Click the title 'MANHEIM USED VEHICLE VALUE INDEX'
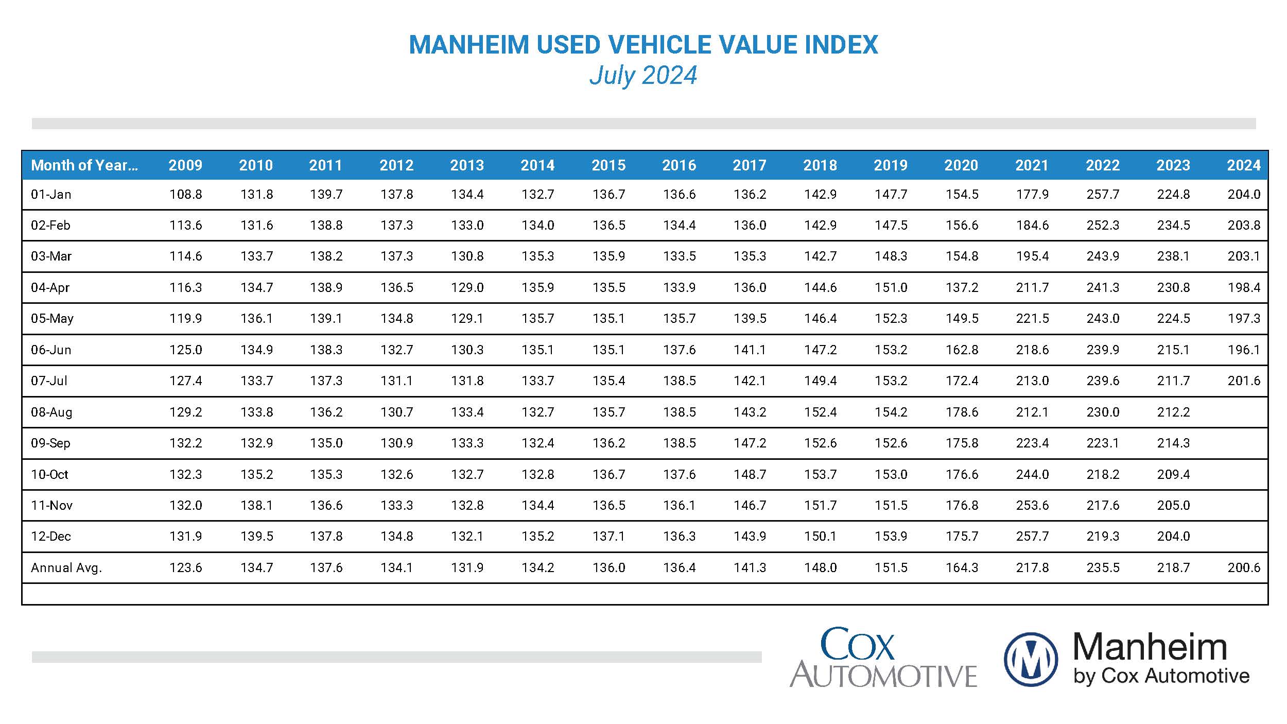click(x=643, y=45)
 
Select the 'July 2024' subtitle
click(x=643, y=75)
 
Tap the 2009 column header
click(x=185, y=165)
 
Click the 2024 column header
click(x=1243, y=165)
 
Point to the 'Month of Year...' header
click(x=84, y=165)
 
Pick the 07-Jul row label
click(x=49, y=381)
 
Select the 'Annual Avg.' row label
click(x=66, y=567)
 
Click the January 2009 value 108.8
click(x=185, y=194)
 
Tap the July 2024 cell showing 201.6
click(x=1243, y=381)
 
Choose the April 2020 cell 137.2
click(x=961, y=287)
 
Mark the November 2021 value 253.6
click(x=1032, y=505)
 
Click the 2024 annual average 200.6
click(x=1243, y=567)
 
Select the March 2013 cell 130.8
click(x=467, y=256)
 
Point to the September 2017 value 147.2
click(x=750, y=443)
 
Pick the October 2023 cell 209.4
click(x=1173, y=474)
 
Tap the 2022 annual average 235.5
click(x=1102, y=567)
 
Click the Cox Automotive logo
click(x=883, y=658)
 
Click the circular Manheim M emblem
click(x=1031, y=660)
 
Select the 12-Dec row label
click(x=51, y=536)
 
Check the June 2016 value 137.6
click(x=679, y=350)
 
